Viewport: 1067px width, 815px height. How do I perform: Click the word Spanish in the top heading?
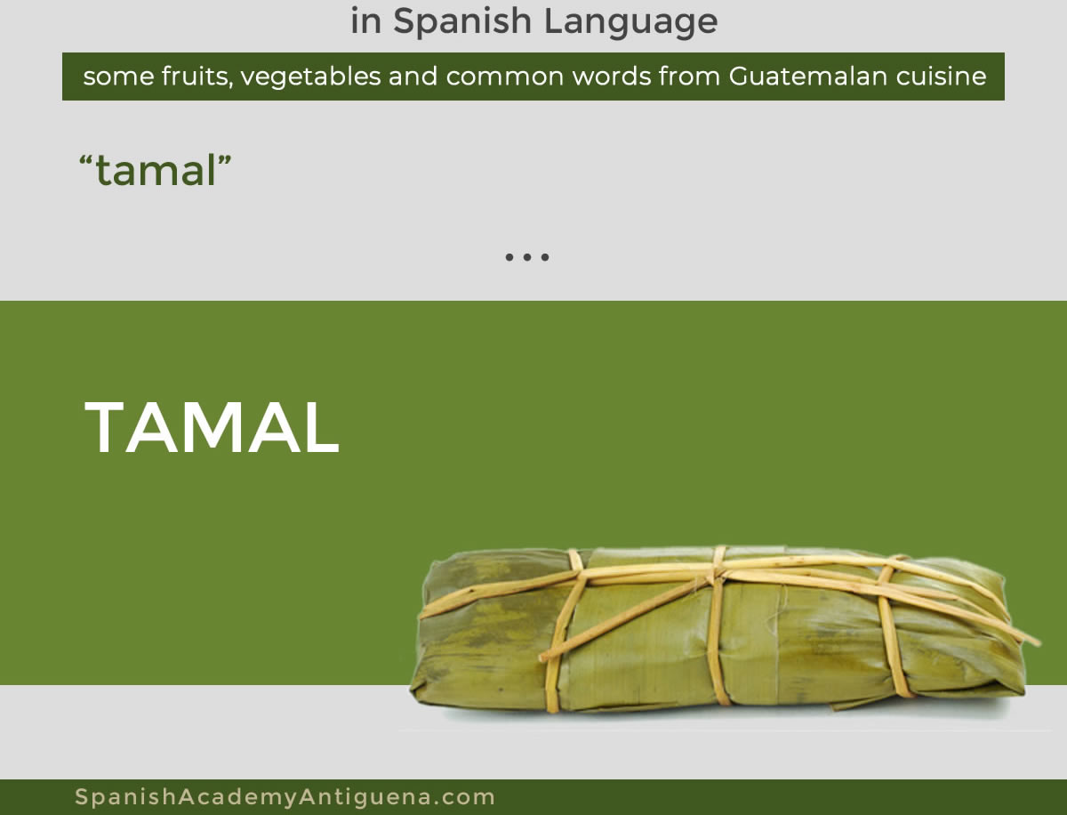pos(461,21)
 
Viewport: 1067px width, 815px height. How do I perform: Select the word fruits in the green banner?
pos(197,77)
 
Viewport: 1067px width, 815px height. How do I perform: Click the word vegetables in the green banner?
pos(310,77)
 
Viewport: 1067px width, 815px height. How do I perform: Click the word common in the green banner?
pos(504,77)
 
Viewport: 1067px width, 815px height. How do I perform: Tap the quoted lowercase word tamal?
pos(156,170)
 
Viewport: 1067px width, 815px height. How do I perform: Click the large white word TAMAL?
pos(212,428)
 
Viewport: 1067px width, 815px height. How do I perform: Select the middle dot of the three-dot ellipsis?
pos(527,257)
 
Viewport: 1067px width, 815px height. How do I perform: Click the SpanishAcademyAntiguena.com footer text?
pos(285,796)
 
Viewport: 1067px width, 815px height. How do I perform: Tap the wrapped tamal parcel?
pos(719,630)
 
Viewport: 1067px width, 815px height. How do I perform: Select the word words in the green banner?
pos(612,77)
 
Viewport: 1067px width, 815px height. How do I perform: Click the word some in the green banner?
pos(118,77)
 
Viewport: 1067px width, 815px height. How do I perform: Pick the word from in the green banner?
pos(690,77)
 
